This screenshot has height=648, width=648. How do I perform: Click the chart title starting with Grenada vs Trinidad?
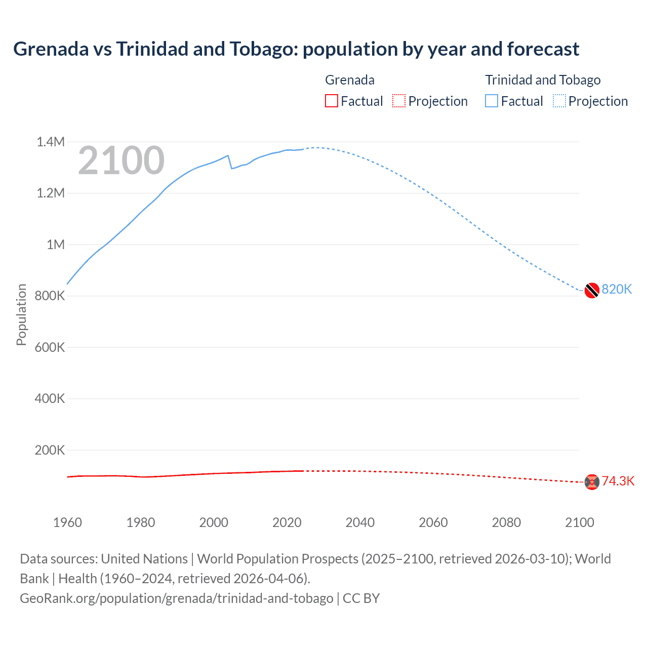click(296, 49)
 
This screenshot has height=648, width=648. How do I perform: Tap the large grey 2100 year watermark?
click(121, 160)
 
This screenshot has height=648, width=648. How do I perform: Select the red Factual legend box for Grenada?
click(331, 101)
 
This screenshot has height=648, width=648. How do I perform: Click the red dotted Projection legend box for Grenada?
click(399, 101)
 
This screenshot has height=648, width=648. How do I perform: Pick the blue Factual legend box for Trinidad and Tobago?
click(492, 101)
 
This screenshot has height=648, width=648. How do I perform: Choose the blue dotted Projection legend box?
click(559, 101)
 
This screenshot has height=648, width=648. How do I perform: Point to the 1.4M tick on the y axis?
click(51, 142)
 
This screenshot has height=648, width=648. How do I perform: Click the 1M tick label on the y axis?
click(56, 245)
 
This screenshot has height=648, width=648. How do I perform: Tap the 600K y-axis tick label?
click(50, 347)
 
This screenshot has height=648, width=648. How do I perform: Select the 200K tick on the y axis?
click(50, 450)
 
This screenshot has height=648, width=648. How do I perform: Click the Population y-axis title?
click(21, 314)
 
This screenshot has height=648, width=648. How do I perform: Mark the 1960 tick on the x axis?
click(67, 522)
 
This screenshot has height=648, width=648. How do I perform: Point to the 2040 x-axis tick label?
click(360, 522)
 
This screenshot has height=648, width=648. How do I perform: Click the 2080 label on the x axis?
click(506, 522)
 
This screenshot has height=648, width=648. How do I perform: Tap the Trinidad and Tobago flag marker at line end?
click(592, 291)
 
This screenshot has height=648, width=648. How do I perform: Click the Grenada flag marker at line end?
click(592, 482)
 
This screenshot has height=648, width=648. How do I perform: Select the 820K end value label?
click(617, 289)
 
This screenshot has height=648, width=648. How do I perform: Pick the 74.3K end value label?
click(618, 481)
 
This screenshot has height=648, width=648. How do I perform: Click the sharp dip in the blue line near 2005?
click(231, 168)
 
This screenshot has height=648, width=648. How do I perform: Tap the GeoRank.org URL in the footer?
click(177, 598)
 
